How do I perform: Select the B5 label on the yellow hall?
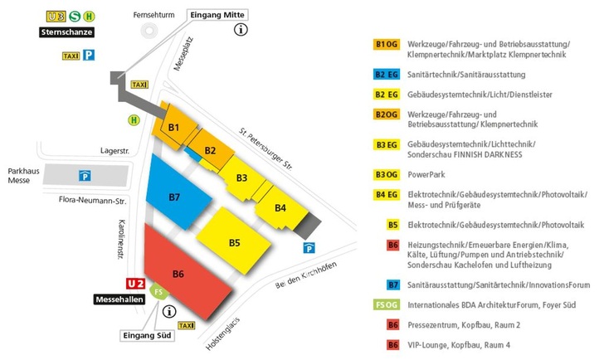(x=235, y=242)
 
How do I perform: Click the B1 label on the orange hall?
(x=174, y=128)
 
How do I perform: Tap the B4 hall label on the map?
(x=280, y=207)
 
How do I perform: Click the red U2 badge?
(x=134, y=283)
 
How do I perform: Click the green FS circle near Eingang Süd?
(x=158, y=292)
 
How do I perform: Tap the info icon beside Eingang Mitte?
(x=241, y=30)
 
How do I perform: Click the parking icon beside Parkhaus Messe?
(x=84, y=175)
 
